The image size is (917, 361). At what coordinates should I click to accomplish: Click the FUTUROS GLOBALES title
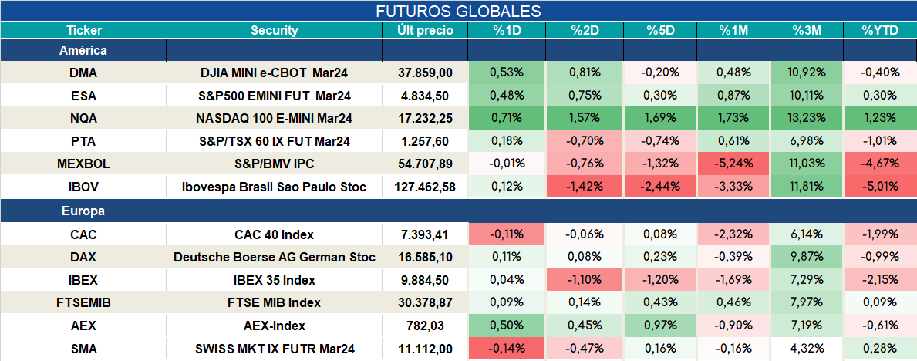[x=458, y=11]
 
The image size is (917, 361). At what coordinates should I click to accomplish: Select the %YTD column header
[x=879, y=31]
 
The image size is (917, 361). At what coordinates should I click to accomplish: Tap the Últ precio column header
[x=425, y=31]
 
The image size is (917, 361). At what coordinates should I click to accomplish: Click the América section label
[x=83, y=50]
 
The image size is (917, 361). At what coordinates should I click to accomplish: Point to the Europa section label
[x=83, y=211]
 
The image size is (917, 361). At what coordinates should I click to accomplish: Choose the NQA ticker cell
[x=83, y=117]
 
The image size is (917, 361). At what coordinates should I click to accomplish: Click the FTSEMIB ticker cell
[x=83, y=302]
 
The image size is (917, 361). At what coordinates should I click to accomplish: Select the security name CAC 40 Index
[x=275, y=234]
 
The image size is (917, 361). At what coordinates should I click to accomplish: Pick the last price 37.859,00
[x=425, y=73]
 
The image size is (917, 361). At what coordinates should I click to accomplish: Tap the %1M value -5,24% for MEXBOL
[x=733, y=164]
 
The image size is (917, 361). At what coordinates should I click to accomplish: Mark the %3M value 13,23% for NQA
[x=806, y=118]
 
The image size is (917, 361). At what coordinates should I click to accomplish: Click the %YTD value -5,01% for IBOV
[x=879, y=187]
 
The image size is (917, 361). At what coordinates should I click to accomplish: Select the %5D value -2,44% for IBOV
[x=659, y=187]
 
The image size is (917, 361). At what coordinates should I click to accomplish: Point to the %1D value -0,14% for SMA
[x=507, y=349]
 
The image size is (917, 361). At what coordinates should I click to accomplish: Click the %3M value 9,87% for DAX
[x=807, y=257]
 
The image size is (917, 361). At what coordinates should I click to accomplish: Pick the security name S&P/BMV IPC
[x=275, y=164]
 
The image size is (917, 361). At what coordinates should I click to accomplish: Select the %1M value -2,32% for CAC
[x=733, y=234]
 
